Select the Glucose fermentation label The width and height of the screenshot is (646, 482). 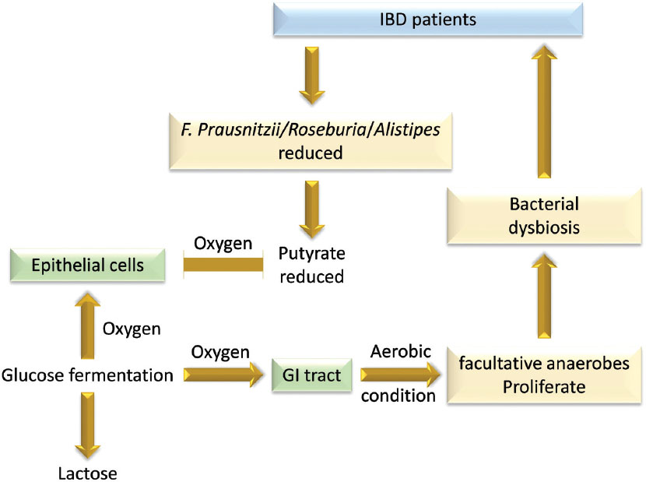tap(86, 376)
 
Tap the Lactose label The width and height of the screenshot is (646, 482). tap(86, 470)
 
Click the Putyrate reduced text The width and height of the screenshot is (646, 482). tap(311, 266)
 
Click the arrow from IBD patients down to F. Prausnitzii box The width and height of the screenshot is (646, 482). tap(310, 75)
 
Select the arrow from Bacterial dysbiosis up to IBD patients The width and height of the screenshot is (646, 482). tap(547, 110)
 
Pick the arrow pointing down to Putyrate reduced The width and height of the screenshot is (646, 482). tap(310, 209)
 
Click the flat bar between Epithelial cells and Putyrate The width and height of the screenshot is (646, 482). tap(222, 266)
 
